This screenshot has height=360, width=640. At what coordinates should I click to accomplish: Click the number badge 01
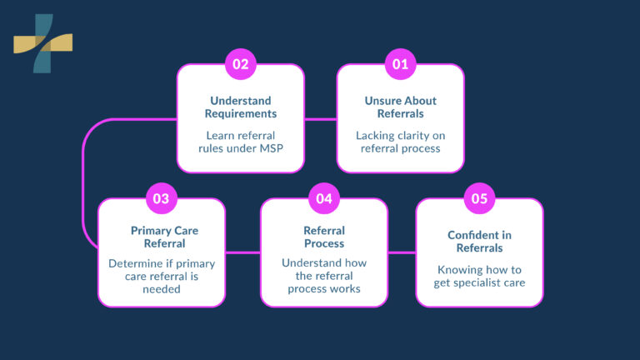point(400,64)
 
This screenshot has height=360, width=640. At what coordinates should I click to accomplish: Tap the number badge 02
point(240,64)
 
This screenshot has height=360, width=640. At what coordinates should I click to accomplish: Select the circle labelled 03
point(161,198)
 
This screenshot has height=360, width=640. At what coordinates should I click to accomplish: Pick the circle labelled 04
point(323,198)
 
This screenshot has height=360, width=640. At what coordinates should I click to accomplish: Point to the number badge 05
point(479,198)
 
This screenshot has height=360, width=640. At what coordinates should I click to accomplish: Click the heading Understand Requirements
point(240,107)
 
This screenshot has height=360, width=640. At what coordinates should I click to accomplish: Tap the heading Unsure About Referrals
point(400,107)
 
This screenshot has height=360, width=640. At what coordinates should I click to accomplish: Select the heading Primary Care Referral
point(162,237)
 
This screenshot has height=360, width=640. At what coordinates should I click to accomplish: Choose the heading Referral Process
point(323,237)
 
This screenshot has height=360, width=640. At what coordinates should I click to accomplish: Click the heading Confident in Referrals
point(479,242)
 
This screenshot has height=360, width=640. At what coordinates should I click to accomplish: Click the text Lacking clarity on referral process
point(400,142)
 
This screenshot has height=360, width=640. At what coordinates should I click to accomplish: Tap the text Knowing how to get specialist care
point(479,277)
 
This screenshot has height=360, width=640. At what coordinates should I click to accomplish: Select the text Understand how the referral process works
point(323,276)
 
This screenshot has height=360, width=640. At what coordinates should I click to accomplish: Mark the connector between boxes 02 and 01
point(321,119)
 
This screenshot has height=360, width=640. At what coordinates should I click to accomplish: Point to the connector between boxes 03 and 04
point(242,252)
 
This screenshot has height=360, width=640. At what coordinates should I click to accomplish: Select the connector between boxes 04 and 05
point(402,252)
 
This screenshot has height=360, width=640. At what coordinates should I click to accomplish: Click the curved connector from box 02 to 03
point(85,183)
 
